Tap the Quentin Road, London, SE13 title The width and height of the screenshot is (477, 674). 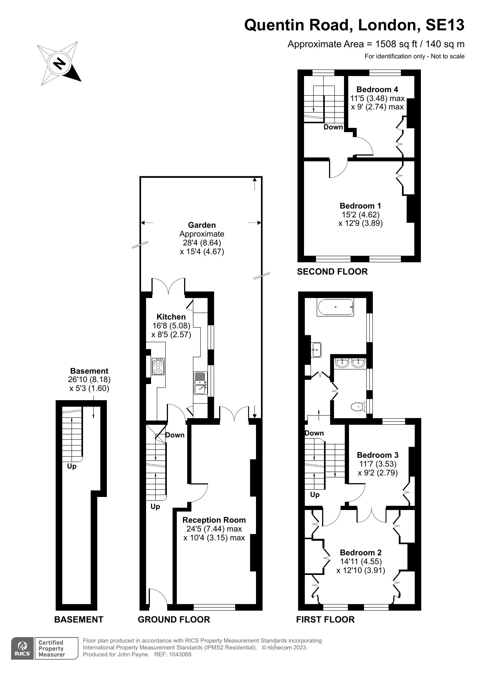tap(354, 25)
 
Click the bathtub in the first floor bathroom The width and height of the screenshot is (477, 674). tap(335, 307)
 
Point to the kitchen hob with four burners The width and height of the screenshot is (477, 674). tap(158, 366)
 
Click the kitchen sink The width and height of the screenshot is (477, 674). tap(200, 383)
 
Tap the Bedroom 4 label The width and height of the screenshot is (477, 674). tap(377, 89)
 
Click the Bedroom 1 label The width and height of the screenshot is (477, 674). tap(360, 206)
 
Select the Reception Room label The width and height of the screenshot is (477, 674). tap(214, 520)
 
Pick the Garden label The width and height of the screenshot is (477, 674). tap(202, 225)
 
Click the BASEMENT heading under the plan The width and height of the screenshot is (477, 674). tap(78, 619)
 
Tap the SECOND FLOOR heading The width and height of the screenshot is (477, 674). tap(332, 272)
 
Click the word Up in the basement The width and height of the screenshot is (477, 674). tap(71, 466)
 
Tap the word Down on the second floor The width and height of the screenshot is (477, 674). tap(333, 127)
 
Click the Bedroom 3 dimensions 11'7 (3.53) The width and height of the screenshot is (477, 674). tap(377, 464)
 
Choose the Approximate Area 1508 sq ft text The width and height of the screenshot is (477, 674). tap(376, 44)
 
